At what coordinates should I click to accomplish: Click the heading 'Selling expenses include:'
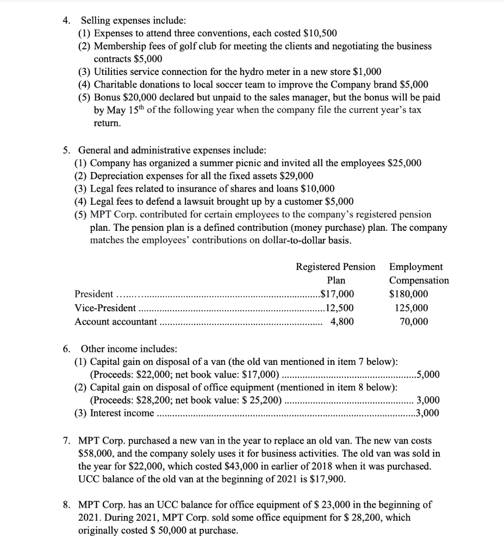pyautogui.click(x=133, y=21)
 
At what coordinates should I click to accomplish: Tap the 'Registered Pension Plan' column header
pyautogui.click(x=335, y=273)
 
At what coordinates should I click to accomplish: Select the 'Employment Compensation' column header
pyautogui.click(x=419, y=273)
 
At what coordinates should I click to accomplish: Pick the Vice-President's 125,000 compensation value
pyautogui.click(x=411, y=308)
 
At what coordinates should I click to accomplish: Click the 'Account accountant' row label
pyautogui.click(x=115, y=321)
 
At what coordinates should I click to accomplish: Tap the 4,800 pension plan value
pyautogui.click(x=342, y=321)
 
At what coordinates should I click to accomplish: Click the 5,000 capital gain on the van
pyautogui.click(x=427, y=375)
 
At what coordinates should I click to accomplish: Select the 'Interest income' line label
pyautogui.click(x=122, y=413)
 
